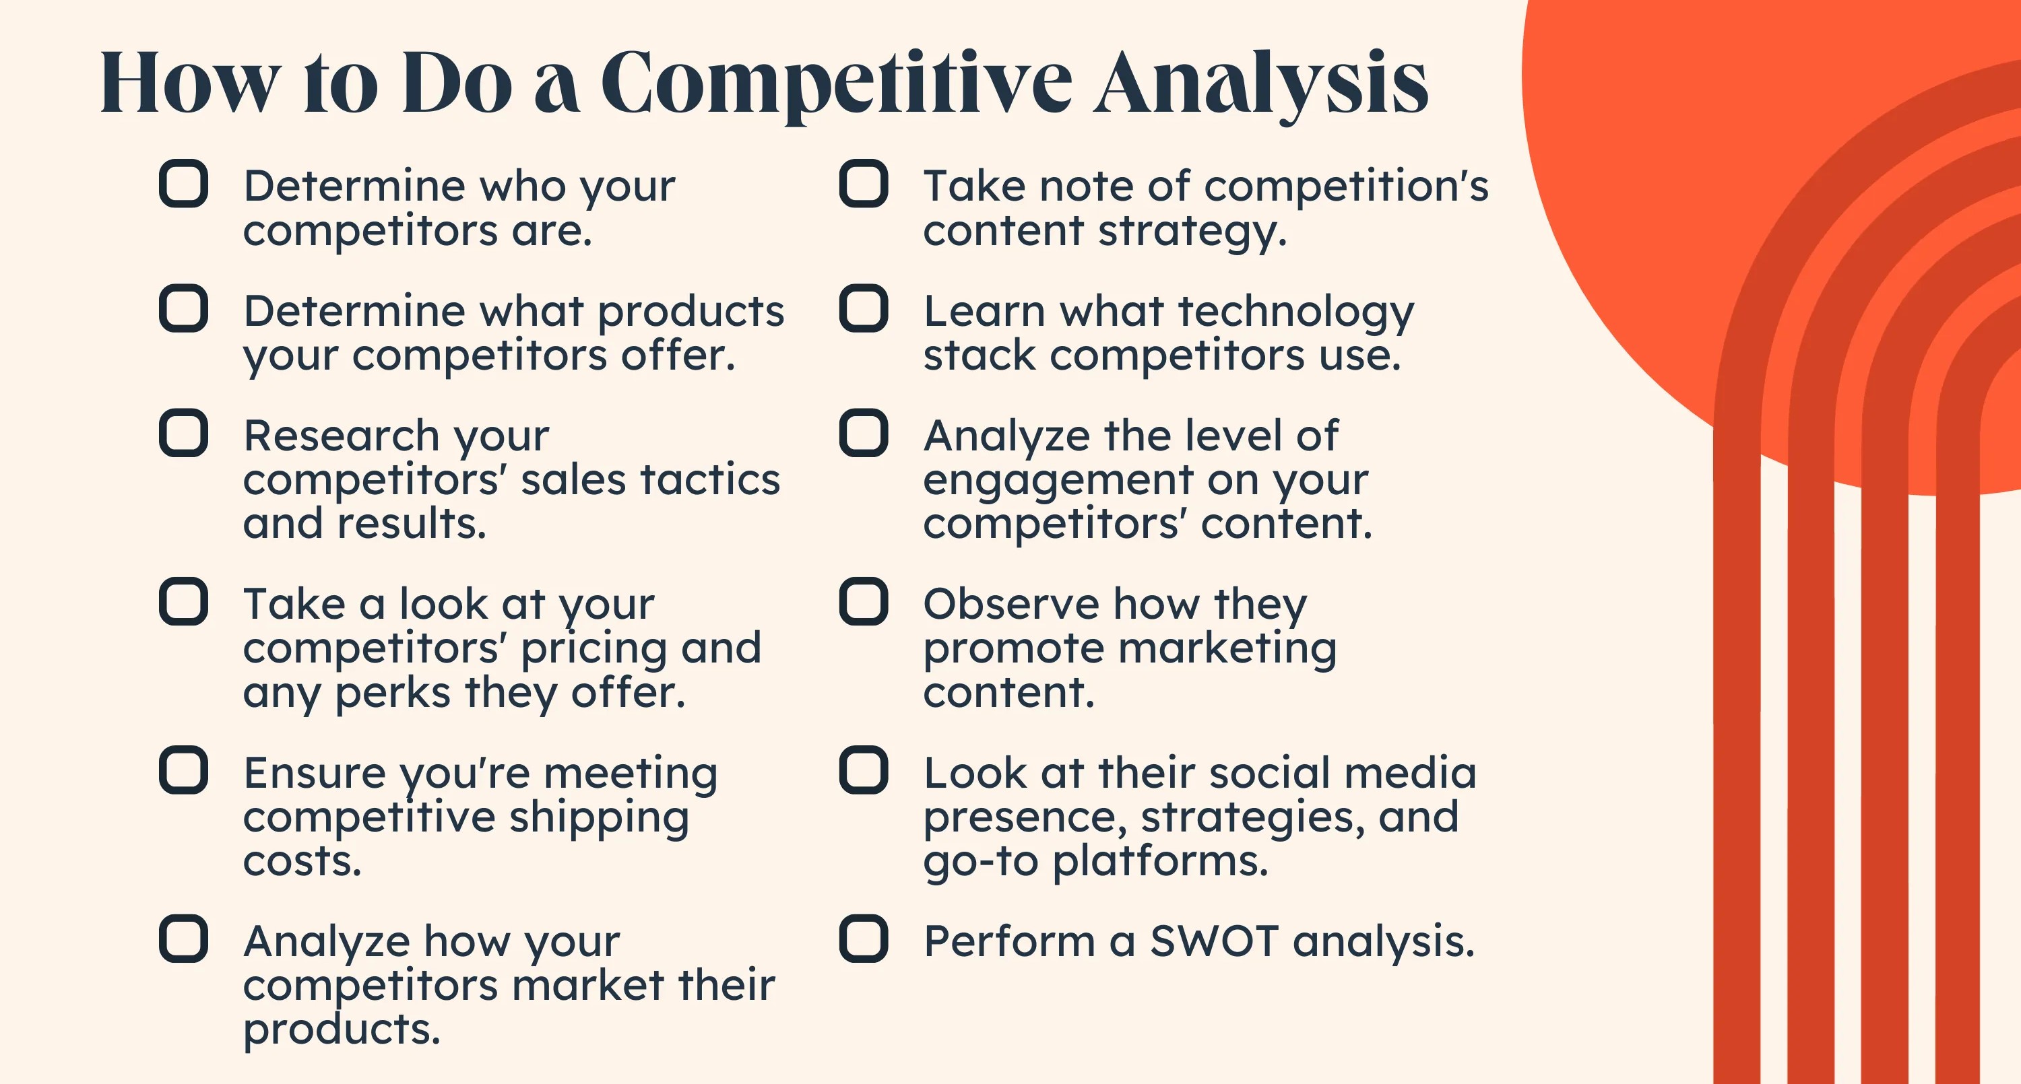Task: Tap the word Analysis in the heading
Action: tap(1261, 83)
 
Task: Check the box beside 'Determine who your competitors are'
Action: tap(184, 184)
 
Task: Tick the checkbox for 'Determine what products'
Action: tap(184, 308)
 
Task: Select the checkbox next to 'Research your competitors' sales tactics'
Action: tap(184, 432)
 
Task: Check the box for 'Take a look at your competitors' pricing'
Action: tap(184, 602)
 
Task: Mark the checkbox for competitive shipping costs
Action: tap(184, 770)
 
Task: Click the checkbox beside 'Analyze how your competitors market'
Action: tap(184, 939)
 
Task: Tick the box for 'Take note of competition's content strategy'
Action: tap(864, 184)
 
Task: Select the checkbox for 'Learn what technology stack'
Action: tap(864, 308)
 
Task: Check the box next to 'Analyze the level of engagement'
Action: tap(864, 432)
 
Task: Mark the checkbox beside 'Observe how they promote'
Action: tap(864, 602)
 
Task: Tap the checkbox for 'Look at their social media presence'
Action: tap(864, 770)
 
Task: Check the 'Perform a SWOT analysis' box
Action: tap(864, 939)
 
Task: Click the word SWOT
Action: tap(1215, 941)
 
